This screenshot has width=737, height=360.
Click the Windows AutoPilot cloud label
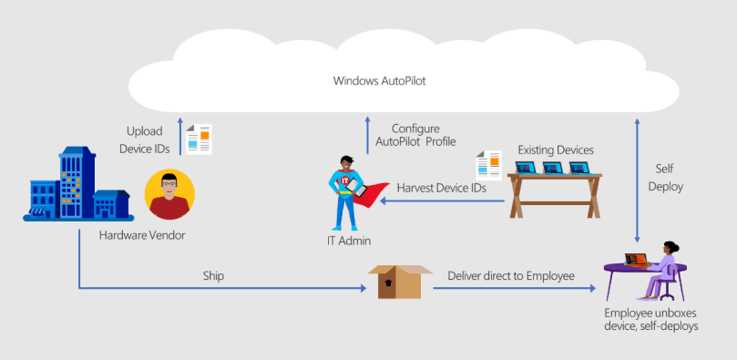pos(380,81)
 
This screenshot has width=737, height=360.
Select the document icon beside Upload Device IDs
pos(199,139)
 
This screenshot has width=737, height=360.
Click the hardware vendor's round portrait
pos(169,194)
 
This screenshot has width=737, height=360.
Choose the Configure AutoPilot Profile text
pos(415,135)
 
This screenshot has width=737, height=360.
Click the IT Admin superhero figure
pos(350,191)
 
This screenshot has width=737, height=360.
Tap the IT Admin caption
pos(349,241)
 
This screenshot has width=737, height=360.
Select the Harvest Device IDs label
pos(441,188)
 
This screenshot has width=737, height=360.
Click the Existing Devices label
pos(556,149)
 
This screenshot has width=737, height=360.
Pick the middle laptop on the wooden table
pos(553,168)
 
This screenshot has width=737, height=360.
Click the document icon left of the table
pos(489,165)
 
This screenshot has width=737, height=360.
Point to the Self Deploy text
pos(671,178)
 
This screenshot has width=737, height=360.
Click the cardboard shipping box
pos(398,282)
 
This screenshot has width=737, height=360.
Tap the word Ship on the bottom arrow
pos(215,274)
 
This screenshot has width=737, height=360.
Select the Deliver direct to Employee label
pos(510,274)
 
